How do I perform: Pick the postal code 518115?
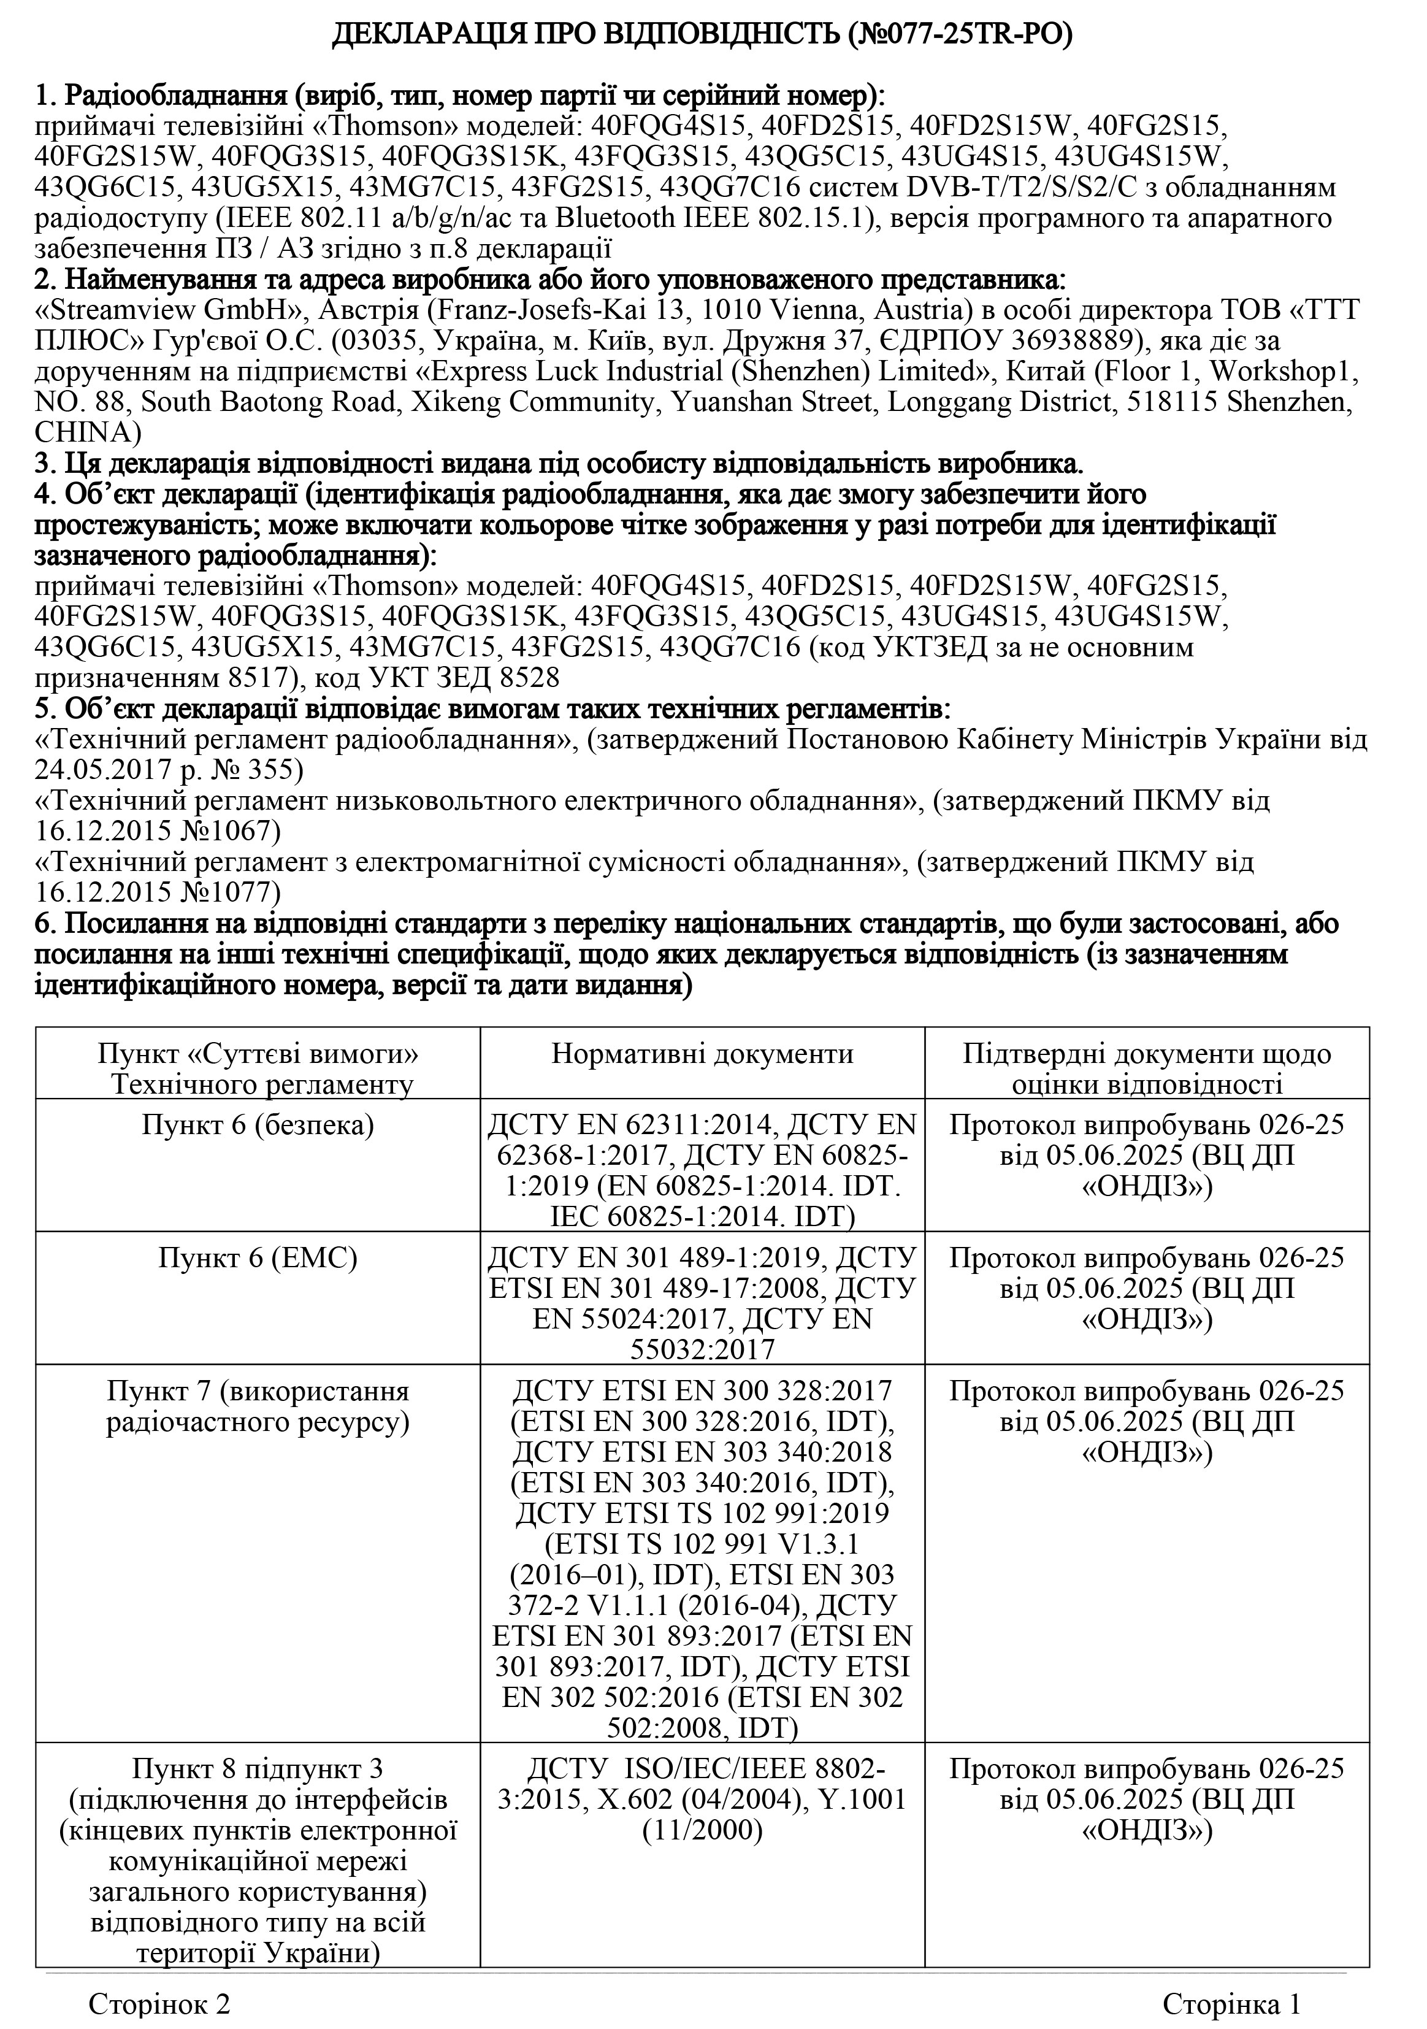tap(1193, 402)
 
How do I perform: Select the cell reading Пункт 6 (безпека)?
tap(258, 1124)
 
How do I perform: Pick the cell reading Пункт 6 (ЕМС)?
tap(258, 1257)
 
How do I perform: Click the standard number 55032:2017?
tap(702, 1349)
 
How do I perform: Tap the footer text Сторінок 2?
tap(160, 2003)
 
